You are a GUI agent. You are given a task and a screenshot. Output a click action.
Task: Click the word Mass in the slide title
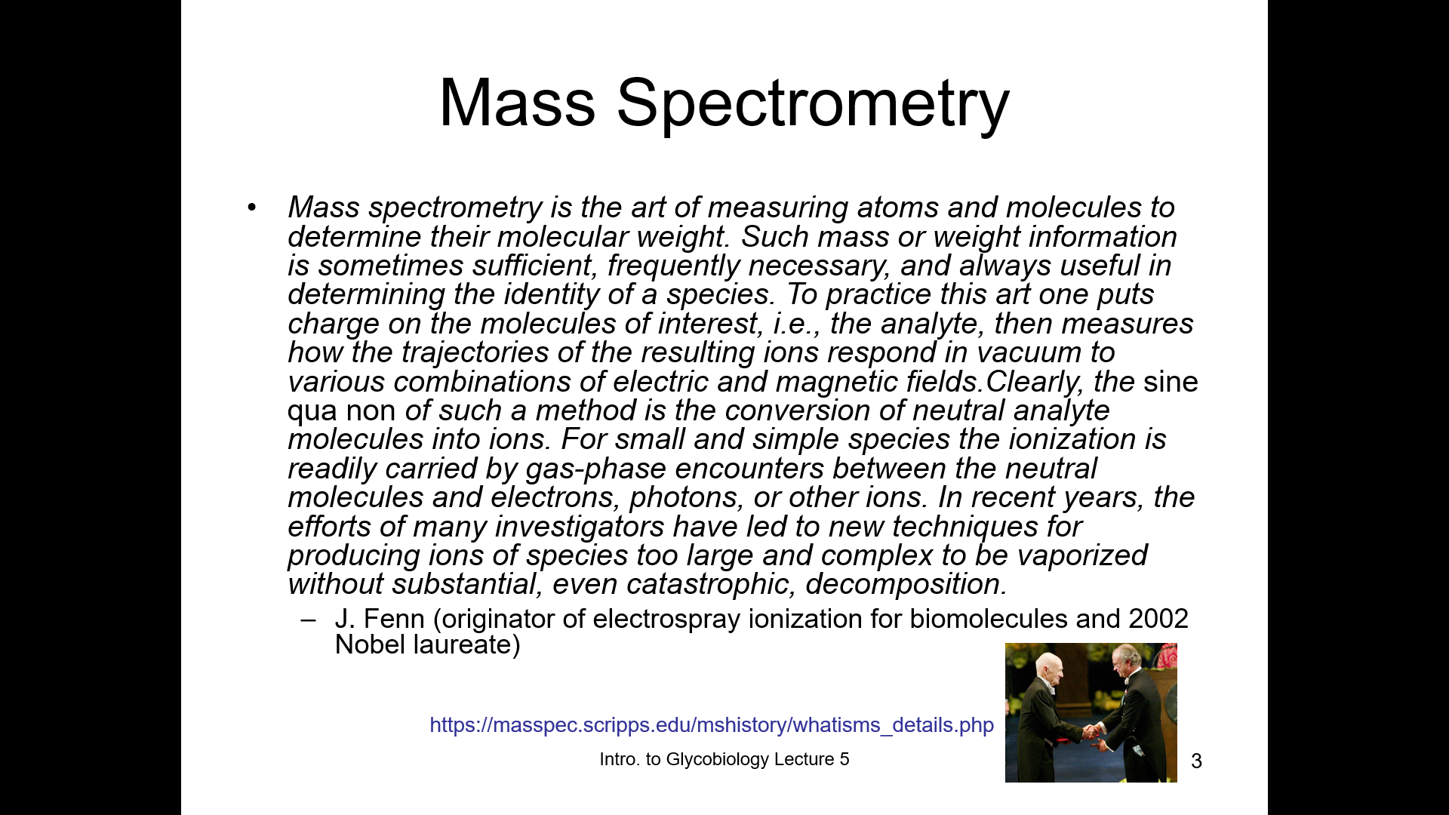[x=517, y=103]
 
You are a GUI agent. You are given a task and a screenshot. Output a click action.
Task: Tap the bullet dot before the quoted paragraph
[x=252, y=208]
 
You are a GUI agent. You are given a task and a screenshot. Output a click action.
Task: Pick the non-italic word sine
[x=1171, y=382]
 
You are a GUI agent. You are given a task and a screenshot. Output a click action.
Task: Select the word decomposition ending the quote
[x=906, y=585]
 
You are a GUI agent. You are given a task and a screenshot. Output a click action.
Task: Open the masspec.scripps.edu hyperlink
[x=712, y=725]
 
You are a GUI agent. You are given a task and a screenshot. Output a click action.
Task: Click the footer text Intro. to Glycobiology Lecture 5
[x=724, y=759]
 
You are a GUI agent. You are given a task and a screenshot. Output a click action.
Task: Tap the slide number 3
[x=1196, y=761]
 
